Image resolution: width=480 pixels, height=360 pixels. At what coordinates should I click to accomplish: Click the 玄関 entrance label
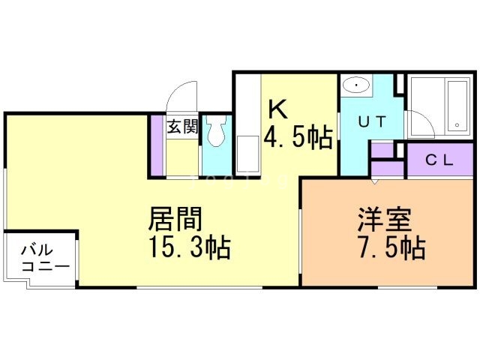coord(182,127)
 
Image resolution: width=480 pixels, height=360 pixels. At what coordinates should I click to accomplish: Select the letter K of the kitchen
coord(277,110)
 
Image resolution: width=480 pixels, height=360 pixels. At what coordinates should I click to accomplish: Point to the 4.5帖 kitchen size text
coord(298,137)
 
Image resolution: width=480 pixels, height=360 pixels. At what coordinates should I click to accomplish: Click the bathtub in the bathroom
coord(457,104)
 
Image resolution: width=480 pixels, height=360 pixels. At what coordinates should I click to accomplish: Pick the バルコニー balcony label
coord(44,257)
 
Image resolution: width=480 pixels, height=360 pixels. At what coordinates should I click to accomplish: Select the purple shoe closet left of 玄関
coord(157,145)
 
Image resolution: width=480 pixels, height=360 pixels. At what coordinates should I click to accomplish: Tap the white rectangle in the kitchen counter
coord(247,154)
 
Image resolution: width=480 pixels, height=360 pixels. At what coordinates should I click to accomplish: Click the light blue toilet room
coord(217,145)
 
